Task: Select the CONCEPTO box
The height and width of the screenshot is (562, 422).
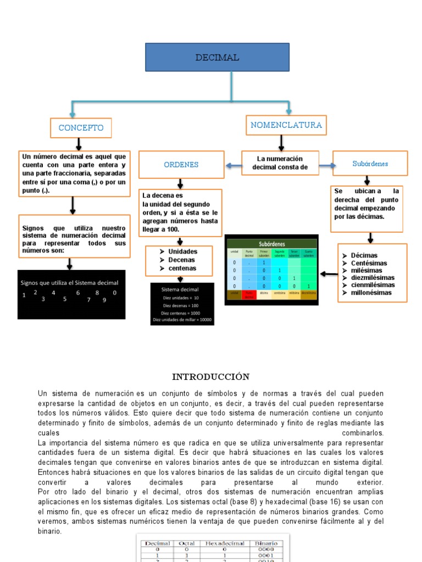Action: [x=81, y=128]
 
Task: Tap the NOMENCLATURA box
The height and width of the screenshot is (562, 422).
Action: [x=286, y=125]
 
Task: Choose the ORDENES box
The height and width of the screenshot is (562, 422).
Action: [x=181, y=165]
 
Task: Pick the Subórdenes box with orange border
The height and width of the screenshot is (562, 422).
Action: [x=370, y=164]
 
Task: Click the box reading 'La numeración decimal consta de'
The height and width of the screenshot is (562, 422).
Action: [x=281, y=163]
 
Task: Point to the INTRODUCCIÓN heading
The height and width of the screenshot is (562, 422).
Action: [x=210, y=376]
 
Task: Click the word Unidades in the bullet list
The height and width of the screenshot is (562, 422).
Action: [x=183, y=251]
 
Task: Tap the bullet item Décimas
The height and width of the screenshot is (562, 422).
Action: [x=364, y=255]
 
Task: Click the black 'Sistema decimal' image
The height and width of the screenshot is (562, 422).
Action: [x=182, y=304]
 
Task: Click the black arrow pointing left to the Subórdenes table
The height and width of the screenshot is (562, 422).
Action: [x=329, y=273]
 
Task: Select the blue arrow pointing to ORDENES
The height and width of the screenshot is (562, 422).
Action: [x=233, y=165]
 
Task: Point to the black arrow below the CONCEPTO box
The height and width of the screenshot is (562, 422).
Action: [x=79, y=144]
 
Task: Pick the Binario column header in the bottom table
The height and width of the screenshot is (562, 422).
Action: [x=266, y=543]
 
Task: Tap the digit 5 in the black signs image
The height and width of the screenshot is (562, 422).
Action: [x=65, y=299]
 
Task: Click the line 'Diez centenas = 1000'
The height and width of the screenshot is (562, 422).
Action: [x=181, y=312]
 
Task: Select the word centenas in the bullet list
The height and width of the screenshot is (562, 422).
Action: [x=182, y=268]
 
